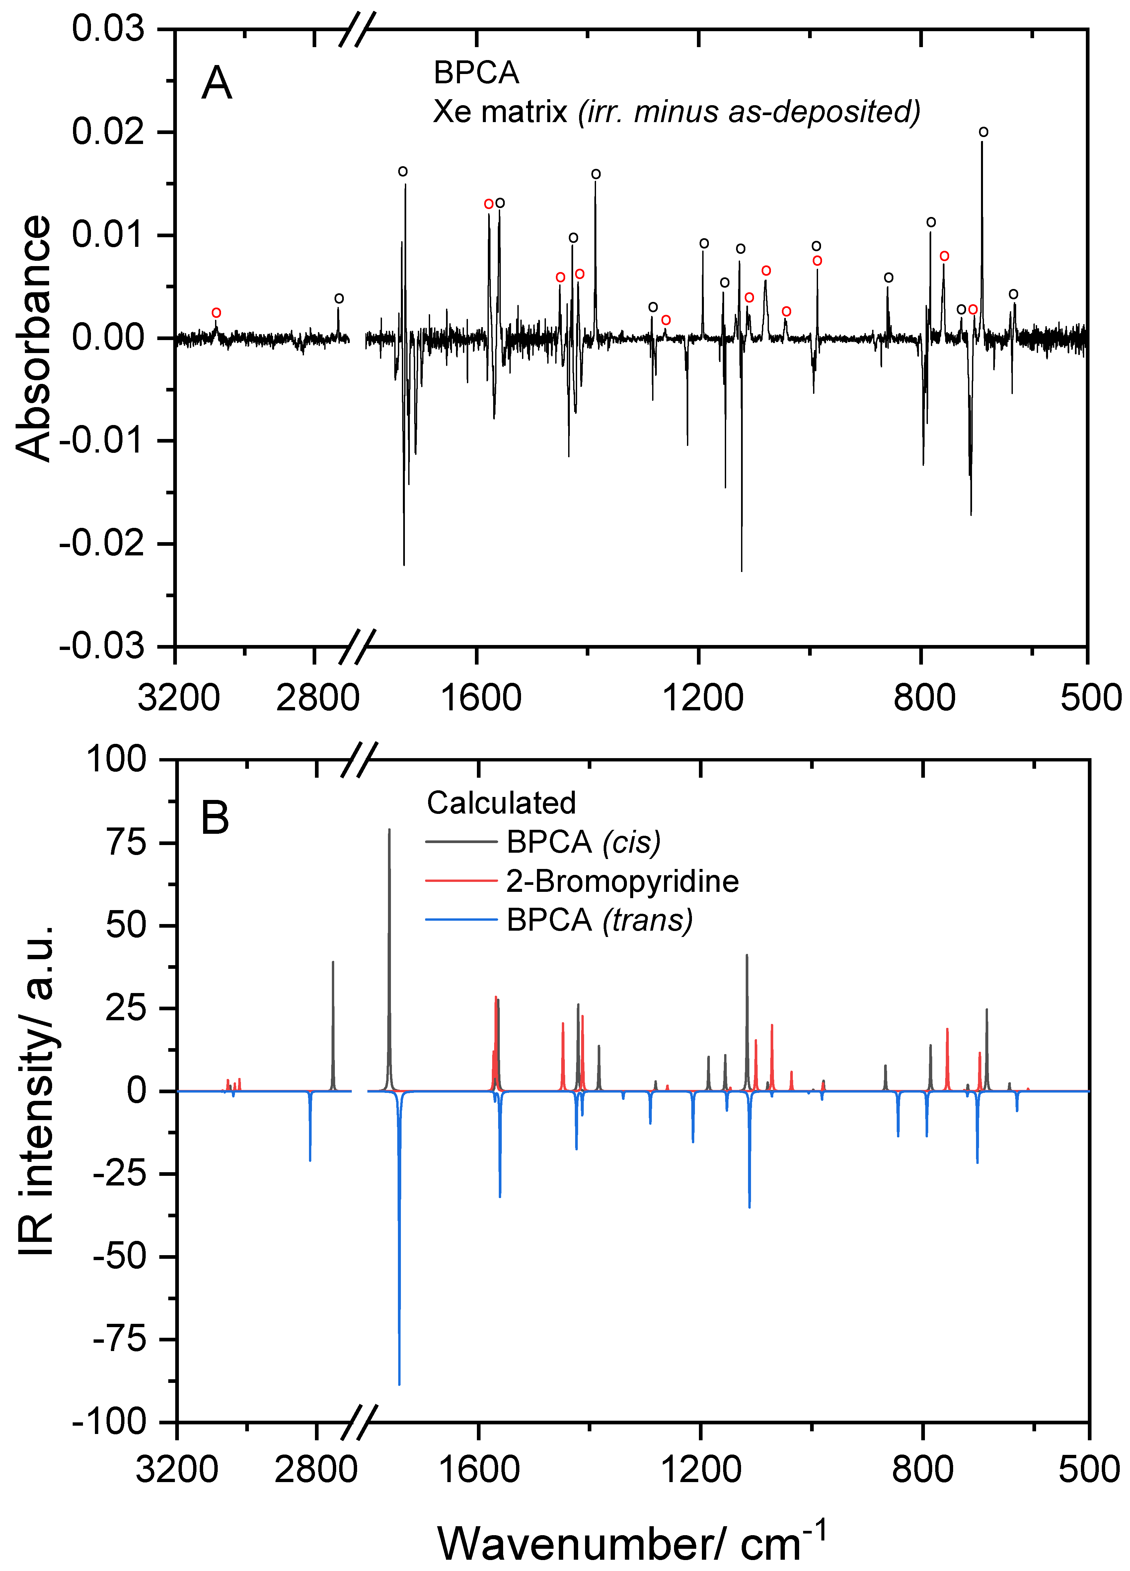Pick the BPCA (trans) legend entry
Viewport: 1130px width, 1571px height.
599,920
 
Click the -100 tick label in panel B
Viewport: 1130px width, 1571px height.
110,1422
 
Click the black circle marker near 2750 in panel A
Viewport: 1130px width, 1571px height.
339,299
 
